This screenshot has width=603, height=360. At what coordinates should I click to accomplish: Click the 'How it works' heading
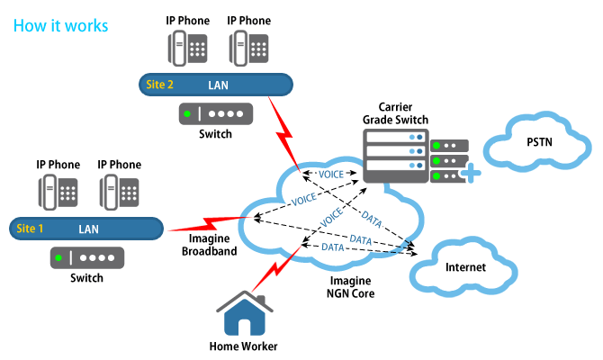[x=60, y=25]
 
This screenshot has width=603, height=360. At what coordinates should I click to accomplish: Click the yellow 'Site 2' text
[x=158, y=85]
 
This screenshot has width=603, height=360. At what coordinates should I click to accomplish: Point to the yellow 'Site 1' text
[x=30, y=229]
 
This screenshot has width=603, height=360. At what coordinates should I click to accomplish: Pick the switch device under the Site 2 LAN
[x=215, y=114]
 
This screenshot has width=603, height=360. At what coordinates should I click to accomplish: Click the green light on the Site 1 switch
[x=59, y=258]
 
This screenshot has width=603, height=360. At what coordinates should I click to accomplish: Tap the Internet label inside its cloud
[x=465, y=267]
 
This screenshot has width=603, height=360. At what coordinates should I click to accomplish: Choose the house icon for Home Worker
[x=243, y=316]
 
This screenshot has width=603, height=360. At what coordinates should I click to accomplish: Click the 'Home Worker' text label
[x=243, y=346]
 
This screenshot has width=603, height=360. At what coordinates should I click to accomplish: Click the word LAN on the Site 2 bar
[x=219, y=85]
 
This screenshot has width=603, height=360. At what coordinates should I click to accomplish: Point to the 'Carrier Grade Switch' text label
[x=395, y=113]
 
